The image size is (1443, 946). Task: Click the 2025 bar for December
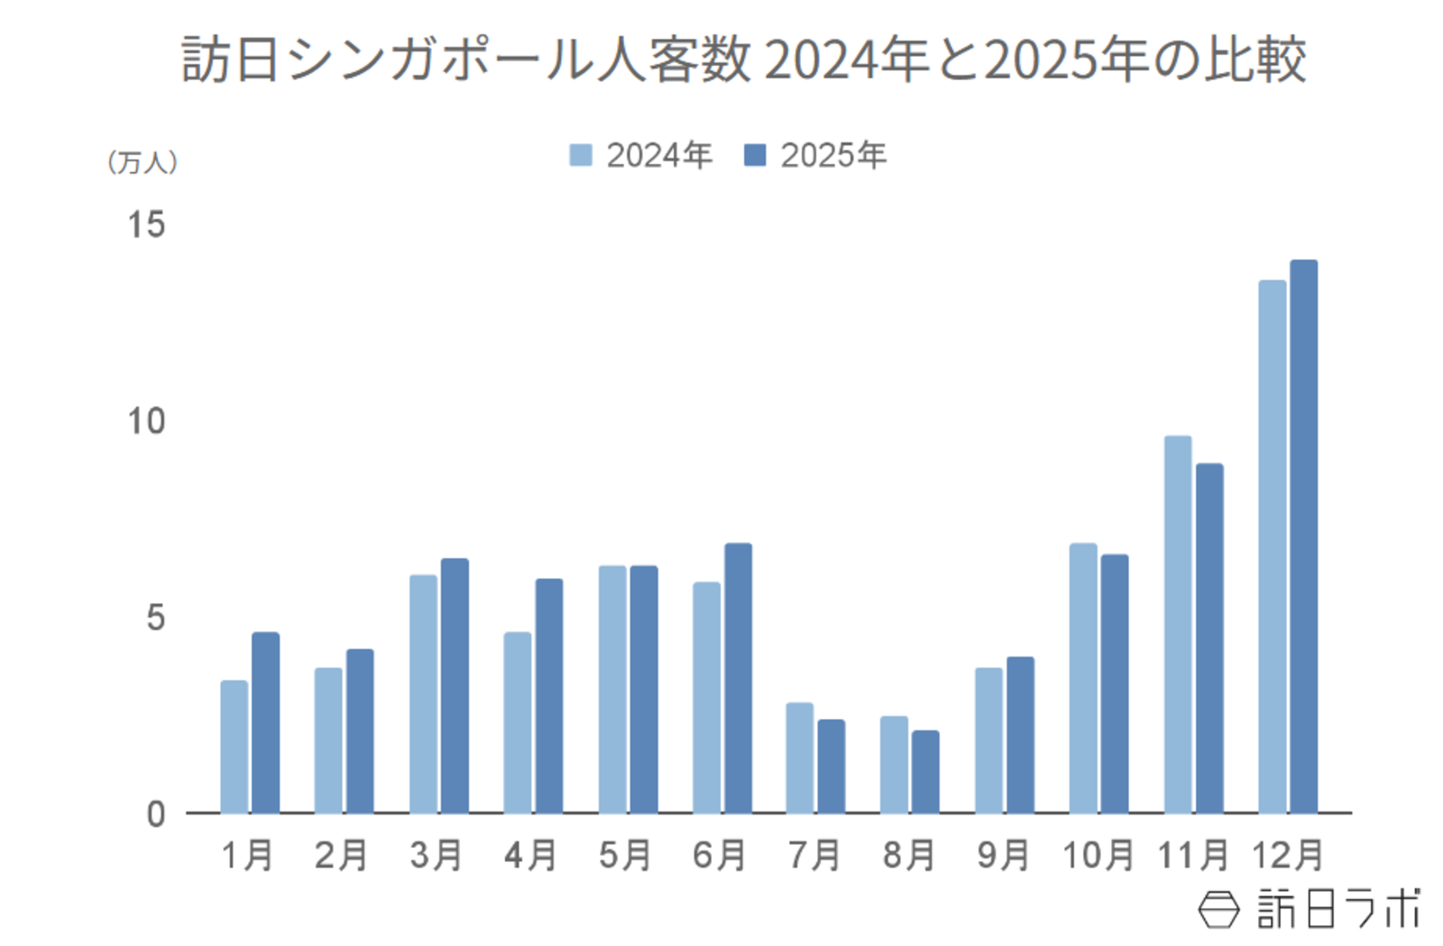coord(1303,537)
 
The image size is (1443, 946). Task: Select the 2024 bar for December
coord(1272,546)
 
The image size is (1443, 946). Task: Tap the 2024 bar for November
coord(1177,624)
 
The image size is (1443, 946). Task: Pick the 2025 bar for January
coord(265,722)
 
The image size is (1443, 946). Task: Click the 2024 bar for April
coord(517,722)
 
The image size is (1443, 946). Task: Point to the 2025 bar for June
coord(738,678)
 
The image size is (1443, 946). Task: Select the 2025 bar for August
coord(925,772)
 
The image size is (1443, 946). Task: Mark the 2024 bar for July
coord(799,758)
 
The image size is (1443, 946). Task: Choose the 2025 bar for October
coord(1114,684)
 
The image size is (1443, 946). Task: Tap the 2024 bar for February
coord(328,740)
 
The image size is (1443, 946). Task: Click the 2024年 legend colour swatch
coord(581,155)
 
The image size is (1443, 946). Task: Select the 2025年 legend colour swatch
coord(755,155)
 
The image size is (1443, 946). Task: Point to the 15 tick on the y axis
coord(146,225)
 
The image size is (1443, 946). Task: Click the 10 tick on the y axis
coord(146,421)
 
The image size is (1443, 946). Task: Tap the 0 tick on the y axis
coord(156,814)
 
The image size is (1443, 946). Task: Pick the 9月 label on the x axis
coord(1003,855)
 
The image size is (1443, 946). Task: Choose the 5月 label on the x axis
coord(625,855)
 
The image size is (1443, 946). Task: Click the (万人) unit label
coord(142,162)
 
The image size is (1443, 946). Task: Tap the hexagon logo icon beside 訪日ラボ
coord(1218,909)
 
